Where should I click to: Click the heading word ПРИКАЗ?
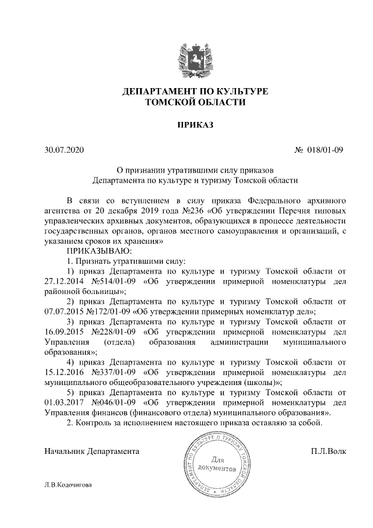coord(186,125)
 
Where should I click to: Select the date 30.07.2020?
coord(64,150)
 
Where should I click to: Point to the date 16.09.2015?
coord(65,332)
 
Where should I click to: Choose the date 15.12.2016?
coord(65,372)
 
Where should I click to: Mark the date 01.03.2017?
coord(65,403)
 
